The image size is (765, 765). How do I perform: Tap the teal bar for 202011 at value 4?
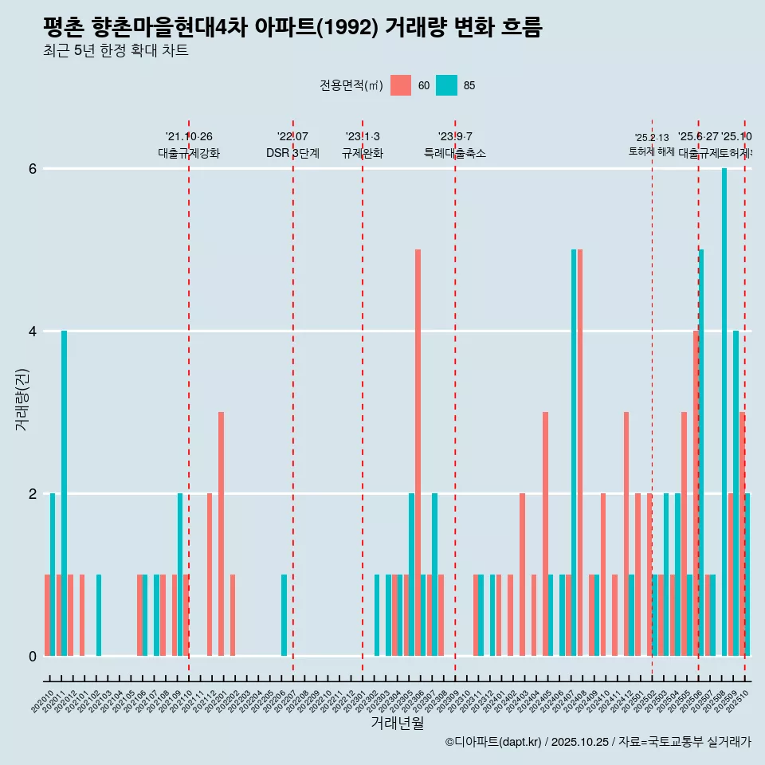[64, 493]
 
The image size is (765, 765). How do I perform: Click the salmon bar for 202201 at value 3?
[221, 534]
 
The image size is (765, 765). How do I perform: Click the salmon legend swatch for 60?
[401, 85]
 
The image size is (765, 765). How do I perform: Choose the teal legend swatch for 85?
[447, 85]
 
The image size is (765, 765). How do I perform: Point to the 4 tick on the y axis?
[33, 331]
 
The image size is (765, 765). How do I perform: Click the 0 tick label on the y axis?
[33, 657]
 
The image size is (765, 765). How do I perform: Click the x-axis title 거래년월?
[397, 723]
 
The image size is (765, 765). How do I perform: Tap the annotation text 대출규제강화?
[189, 153]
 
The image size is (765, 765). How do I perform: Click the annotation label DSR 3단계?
[292, 153]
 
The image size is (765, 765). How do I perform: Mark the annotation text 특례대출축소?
[454, 153]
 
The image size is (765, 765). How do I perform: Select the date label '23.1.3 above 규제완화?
[363, 137]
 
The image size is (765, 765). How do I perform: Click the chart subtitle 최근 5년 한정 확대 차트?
[116, 51]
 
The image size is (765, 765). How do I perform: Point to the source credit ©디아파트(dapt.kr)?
[493, 742]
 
